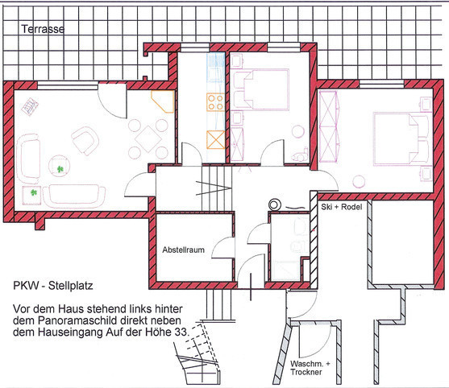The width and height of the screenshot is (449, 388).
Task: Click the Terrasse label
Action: tap(43, 29)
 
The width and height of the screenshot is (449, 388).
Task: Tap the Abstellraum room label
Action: tap(183, 250)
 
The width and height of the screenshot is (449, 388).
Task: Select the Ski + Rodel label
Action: tap(341, 207)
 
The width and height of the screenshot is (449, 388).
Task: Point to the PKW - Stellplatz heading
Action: tap(53, 286)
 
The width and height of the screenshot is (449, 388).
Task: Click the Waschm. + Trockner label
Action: tap(310, 368)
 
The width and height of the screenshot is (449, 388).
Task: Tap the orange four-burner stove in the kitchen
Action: tap(215, 102)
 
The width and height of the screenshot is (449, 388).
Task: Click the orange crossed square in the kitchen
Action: tap(215, 139)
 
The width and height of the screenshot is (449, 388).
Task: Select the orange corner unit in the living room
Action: tap(163, 101)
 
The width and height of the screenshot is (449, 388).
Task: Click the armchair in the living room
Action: tap(85, 141)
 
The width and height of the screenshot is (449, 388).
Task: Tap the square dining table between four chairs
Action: tap(148, 139)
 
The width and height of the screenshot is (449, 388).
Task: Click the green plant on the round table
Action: tap(60, 169)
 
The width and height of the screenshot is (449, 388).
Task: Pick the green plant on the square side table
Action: tap(34, 192)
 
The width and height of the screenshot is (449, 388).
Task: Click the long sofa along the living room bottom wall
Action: tap(74, 196)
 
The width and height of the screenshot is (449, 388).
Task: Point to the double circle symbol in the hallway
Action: tap(274, 204)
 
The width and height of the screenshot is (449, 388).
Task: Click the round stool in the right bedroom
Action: tap(359, 182)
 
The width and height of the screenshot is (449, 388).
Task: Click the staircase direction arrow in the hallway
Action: tap(214, 188)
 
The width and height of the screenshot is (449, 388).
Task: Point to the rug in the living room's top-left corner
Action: tap(30, 106)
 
